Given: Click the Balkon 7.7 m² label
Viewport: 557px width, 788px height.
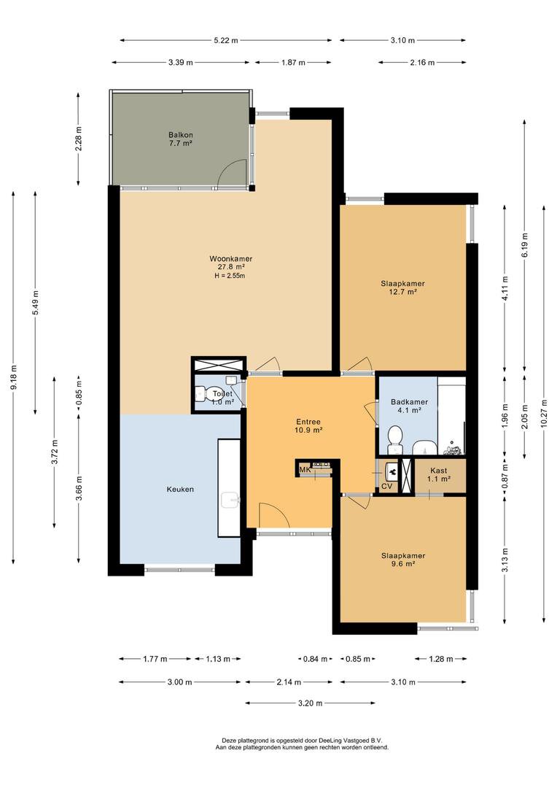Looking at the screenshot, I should pos(181,139).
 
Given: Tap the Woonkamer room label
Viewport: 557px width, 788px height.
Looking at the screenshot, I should pos(230,259).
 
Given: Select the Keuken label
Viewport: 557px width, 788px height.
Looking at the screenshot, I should pos(180,490).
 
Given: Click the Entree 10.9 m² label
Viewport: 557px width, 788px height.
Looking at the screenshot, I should pos(308,426).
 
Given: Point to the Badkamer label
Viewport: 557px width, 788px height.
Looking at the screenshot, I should pos(405,402).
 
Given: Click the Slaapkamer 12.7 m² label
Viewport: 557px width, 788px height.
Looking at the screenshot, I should pos(402,287).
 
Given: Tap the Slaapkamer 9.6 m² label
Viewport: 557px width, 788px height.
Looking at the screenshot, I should pos(402,560).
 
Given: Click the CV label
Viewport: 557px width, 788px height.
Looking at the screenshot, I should pos(386,486).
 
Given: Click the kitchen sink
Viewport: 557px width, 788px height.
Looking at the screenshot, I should pos(231,499).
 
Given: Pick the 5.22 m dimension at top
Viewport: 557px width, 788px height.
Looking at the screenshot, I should pos(226,40).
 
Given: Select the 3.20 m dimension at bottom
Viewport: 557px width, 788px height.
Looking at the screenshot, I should pos(310,703).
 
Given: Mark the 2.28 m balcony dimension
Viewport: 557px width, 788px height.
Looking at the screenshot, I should pos(79,138).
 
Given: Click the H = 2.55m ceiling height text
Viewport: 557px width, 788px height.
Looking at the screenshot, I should pos(230,276).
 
